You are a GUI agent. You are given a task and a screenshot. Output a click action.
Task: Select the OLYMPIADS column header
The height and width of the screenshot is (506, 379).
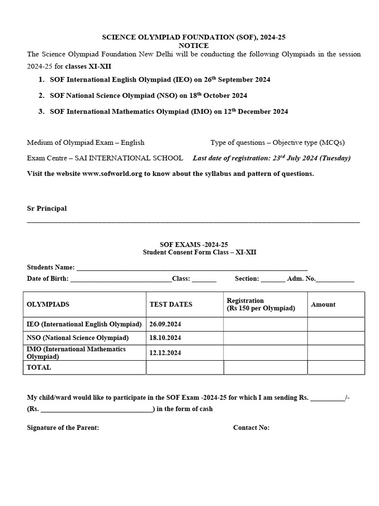[48, 304]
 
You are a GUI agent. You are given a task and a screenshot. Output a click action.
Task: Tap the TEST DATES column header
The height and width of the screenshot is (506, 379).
[171, 304]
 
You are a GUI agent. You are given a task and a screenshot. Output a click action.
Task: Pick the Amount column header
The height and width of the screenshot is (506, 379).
[323, 304]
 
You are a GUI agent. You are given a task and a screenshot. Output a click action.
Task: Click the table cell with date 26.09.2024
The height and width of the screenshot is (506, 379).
[165, 324]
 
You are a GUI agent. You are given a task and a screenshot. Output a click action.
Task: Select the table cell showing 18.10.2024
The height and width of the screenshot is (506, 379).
[165, 338]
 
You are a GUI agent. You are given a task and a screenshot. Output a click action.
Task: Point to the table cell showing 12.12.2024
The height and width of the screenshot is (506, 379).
[165, 352]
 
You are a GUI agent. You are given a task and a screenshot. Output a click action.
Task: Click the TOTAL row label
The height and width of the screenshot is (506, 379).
[38, 368]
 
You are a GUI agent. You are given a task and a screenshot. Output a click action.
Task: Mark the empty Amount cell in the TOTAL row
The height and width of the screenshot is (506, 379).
[336, 368]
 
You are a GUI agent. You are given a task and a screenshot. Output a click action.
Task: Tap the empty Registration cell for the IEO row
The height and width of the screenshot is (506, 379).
[265, 324]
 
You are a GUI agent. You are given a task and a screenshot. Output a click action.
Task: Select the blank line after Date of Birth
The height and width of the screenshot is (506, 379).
[121, 280]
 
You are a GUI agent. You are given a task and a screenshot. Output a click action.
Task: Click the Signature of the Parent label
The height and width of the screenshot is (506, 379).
[63, 427]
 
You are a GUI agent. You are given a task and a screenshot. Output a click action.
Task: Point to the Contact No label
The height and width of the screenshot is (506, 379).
[251, 427]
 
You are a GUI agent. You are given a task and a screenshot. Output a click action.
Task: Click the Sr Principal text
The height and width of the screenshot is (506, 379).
[46, 209]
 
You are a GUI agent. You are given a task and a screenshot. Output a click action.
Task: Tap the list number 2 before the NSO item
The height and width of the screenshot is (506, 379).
[41, 95]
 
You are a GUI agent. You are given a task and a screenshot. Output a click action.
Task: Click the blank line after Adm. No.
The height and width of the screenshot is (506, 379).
[335, 280]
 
